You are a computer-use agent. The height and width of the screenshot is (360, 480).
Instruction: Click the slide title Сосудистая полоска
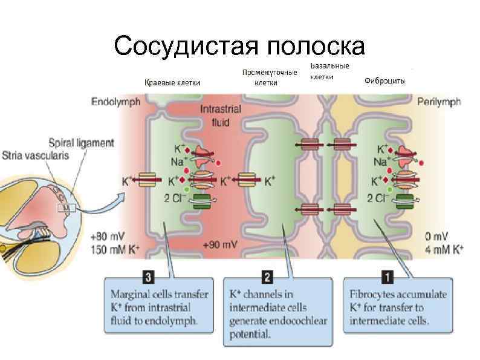tap(239, 46)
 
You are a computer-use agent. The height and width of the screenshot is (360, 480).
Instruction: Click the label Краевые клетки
tap(172, 83)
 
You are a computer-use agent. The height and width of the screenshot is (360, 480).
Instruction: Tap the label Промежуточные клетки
tap(269, 77)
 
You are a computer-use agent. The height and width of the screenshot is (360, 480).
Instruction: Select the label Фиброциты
tap(386, 82)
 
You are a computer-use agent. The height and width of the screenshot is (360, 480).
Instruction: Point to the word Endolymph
tap(115, 102)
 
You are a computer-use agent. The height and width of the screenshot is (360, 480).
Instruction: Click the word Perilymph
tap(439, 102)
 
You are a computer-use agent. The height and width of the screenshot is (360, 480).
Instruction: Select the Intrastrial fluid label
tap(221, 116)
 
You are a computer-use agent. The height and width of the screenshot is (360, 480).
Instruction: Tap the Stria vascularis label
tap(36, 155)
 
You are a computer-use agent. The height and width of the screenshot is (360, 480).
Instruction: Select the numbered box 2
tap(267, 277)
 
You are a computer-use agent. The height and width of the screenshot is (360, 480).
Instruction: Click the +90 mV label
tap(219, 245)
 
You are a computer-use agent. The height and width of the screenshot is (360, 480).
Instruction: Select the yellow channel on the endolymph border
tap(148, 180)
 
